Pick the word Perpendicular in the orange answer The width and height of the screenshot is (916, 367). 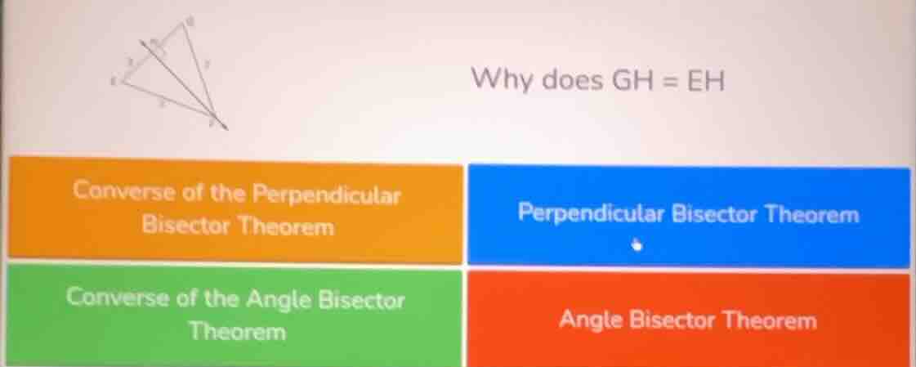click(x=327, y=195)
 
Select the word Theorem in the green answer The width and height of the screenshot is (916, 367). click(x=238, y=332)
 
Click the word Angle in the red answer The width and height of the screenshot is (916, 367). click(x=592, y=320)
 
